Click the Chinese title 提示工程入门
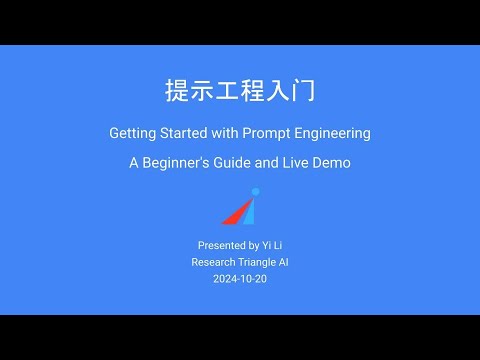240,91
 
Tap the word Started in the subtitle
188,134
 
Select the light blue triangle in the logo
249,211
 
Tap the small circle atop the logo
255,191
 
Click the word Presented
220,245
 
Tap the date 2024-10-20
240,279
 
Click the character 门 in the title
305,91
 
